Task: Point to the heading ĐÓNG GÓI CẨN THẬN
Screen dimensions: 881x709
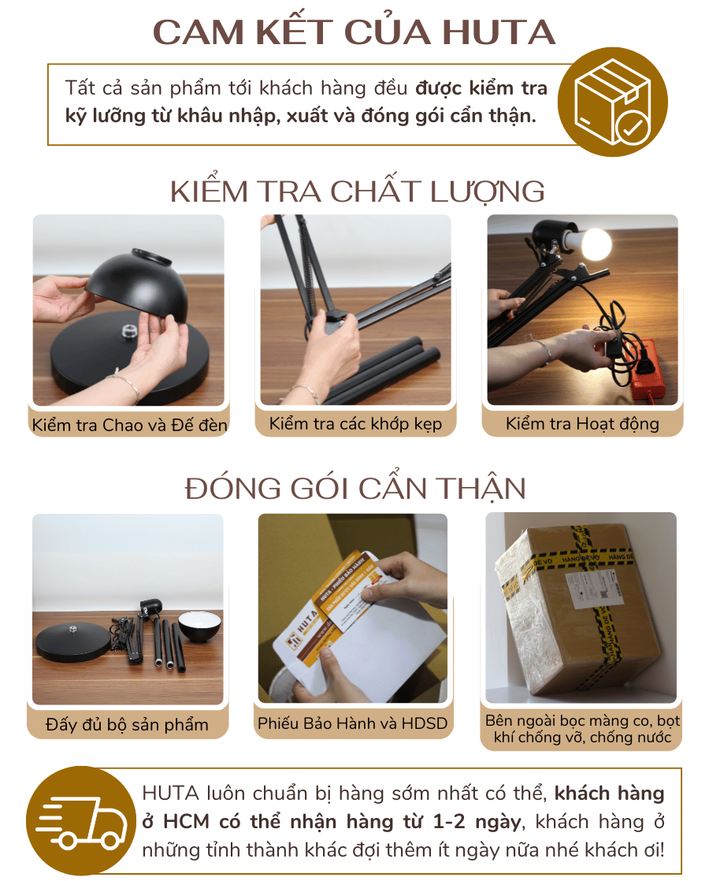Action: pos(355,489)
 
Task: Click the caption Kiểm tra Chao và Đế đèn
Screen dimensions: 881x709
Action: pos(130,426)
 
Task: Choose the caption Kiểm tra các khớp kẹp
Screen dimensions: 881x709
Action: pos(355,424)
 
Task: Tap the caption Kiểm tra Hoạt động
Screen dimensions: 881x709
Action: pos(582,424)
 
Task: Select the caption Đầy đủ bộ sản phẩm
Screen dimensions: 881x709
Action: pos(127,724)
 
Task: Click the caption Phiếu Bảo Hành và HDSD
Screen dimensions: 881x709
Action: pos(352,723)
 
